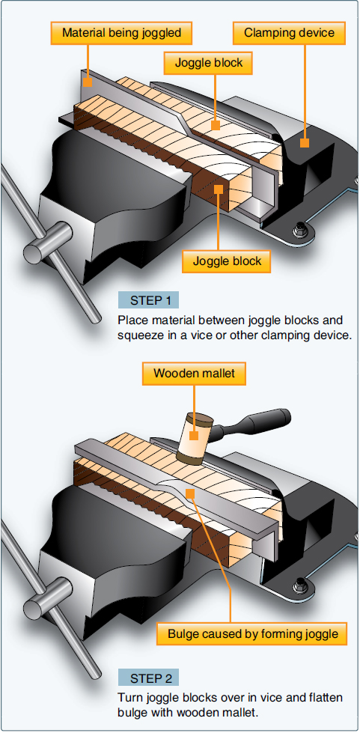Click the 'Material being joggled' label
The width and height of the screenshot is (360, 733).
[x=121, y=33]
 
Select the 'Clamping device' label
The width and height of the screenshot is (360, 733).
[x=290, y=33]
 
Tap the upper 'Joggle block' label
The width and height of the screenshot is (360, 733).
[x=209, y=63]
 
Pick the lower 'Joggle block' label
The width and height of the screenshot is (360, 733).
[x=226, y=261]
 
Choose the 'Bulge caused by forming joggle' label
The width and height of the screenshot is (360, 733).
[x=252, y=635]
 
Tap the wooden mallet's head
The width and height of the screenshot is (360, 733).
[x=194, y=439]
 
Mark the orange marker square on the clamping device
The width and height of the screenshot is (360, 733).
[x=305, y=142]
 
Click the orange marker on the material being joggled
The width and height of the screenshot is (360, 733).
[x=88, y=82]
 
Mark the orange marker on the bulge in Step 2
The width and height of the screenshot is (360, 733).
[x=190, y=492]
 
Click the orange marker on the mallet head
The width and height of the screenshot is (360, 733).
[x=194, y=435]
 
